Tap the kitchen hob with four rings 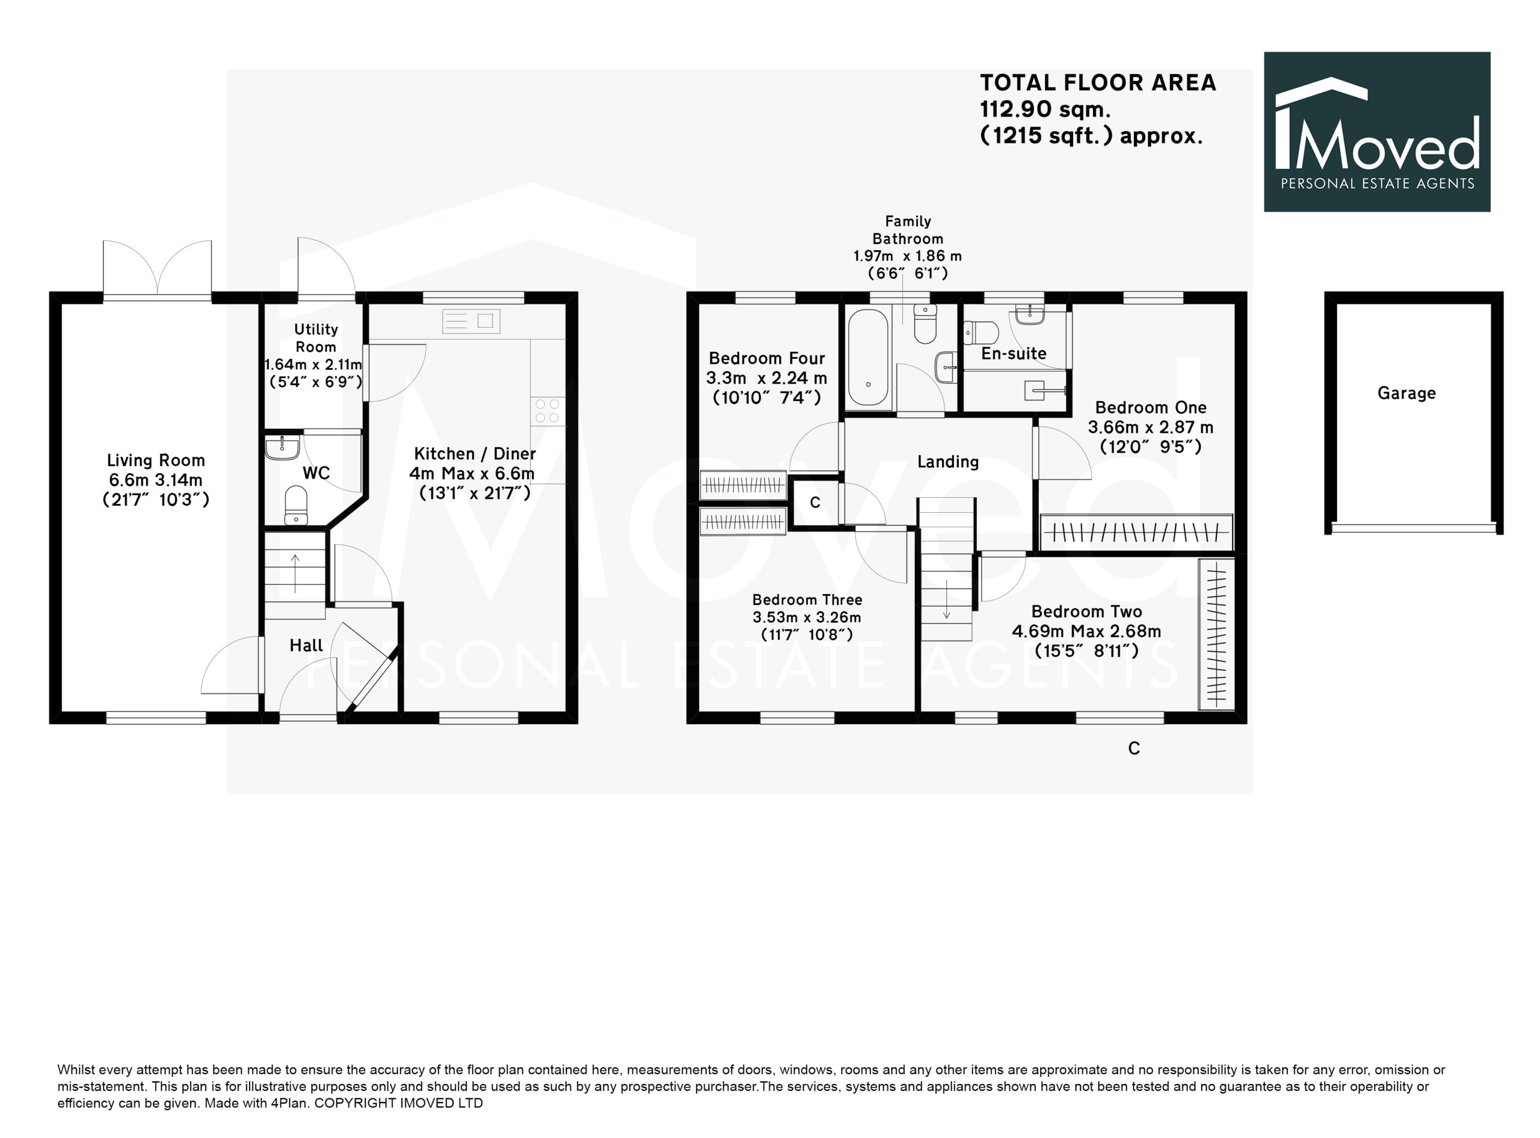547,411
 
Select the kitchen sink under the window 471,321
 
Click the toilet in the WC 296,506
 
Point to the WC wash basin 282,447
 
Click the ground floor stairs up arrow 296,573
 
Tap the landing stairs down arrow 946,599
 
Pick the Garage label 1407,393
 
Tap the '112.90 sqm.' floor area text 1045,109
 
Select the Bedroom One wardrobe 1136,533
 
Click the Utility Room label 316,338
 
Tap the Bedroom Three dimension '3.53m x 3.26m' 807,617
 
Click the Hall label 306,646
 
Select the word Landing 948,462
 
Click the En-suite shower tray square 1035,391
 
